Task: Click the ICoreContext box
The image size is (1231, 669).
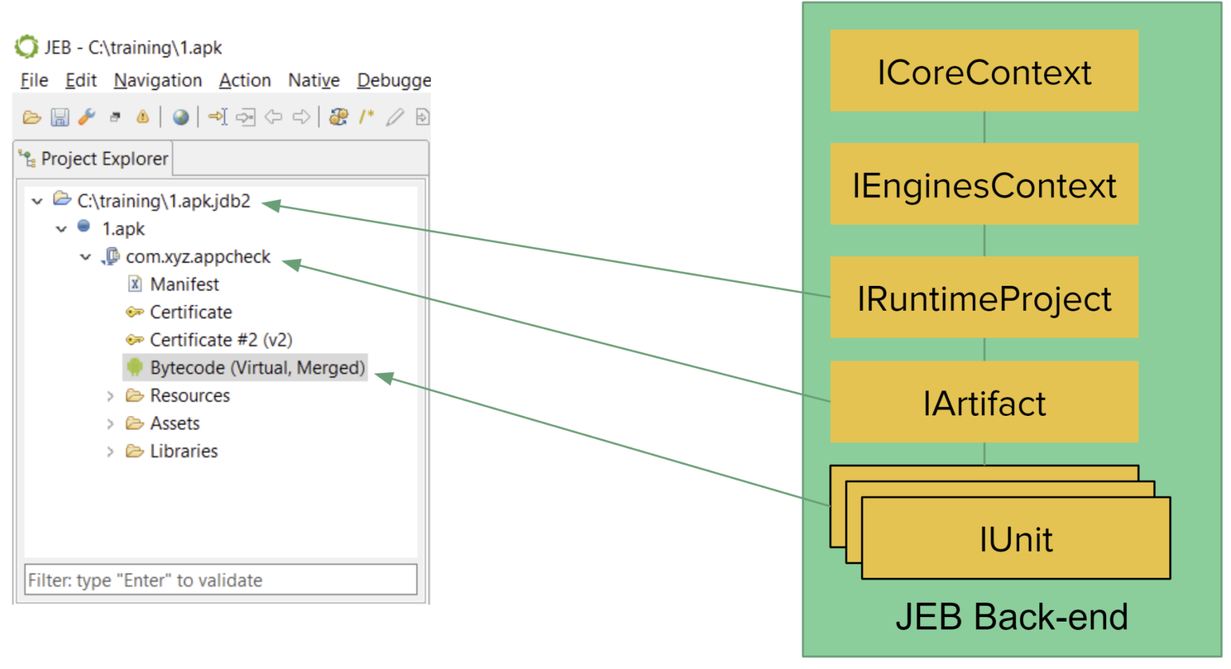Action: pos(984,70)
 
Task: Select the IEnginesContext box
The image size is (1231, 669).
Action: pos(984,184)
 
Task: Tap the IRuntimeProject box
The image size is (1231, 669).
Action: pos(984,297)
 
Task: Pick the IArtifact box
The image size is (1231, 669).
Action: pos(984,402)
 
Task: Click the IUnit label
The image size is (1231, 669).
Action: pos(1016,539)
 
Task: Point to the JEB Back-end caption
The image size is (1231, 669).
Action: pos(1012,616)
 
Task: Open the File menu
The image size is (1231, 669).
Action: pos(34,81)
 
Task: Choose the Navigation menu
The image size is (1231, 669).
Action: pos(158,81)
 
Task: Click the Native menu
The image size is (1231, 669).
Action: pos(314,81)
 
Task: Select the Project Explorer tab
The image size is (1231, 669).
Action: pos(94,158)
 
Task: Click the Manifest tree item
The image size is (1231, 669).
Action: pos(185,284)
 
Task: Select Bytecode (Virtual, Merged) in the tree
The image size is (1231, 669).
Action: pos(257,367)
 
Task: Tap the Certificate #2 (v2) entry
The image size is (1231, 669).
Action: pos(221,340)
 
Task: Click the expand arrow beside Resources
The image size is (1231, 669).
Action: pos(110,396)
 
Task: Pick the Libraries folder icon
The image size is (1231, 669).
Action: pos(135,451)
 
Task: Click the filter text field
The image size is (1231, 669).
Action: pos(221,580)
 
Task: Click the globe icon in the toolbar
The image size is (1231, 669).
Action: pos(181,117)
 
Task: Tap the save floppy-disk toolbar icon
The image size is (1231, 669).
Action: pos(60,117)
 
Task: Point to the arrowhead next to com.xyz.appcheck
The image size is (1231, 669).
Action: pos(292,264)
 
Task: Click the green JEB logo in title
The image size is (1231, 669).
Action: pos(26,47)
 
